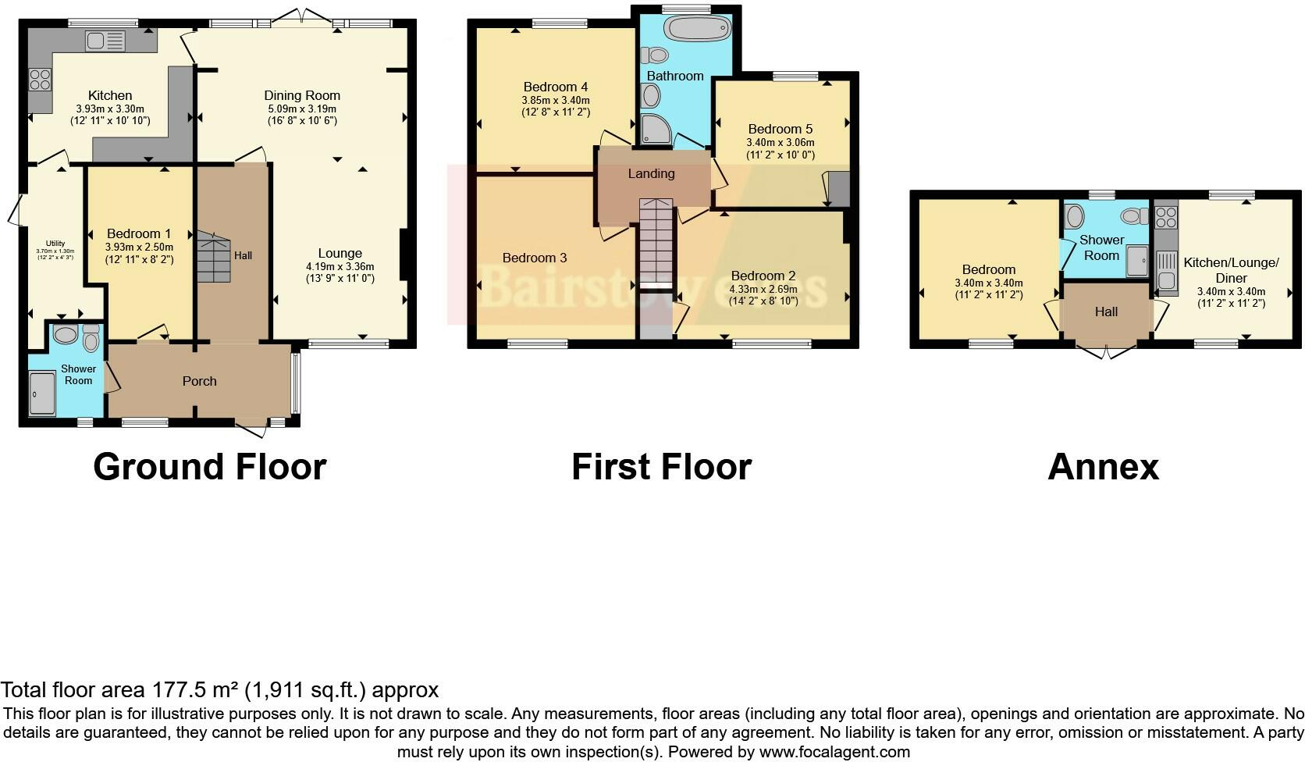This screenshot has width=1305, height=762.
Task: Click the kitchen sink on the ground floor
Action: pyautogui.click(x=105, y=41)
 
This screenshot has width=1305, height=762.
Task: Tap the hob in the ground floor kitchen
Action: pyautogui.click(x=40, y=79)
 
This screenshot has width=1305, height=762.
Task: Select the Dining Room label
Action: pyautogui.click(x=302, y=95)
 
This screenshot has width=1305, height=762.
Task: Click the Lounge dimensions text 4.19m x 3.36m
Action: pyautogui.click(x=340, y=266)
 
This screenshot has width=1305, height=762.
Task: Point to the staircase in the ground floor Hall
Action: pyautogui.click(x=213, y=256)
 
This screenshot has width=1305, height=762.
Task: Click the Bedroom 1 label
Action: pyautogui.click(x=139, y=233)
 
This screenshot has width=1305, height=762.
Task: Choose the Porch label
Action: pyautogui.click(x=199, y=381)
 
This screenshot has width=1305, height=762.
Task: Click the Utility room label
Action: pyautogui.click(x=55, y=244)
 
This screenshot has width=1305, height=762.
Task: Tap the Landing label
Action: pyautogui.click(x=651, y=173)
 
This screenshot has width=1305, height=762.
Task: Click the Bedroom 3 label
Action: pyautogui.click(x=535, y=258)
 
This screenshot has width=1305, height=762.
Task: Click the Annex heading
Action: pyautogui.click(x=1103, y=467)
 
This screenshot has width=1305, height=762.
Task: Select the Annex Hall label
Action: pyautogui.click(x=1106, y=312)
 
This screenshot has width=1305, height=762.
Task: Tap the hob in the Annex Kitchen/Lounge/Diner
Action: pyautogui.click(x=1166, y=215)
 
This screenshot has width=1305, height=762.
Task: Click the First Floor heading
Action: pyautogui.click(x=661, y=467)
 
